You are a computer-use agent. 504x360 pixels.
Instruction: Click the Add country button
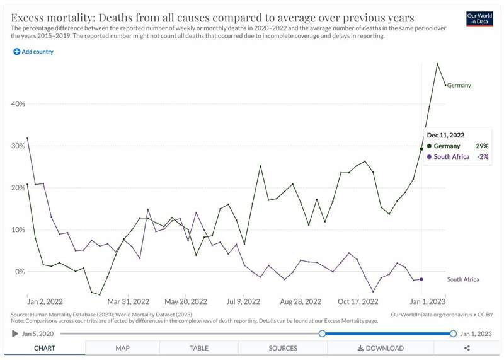click(x=33, y=52)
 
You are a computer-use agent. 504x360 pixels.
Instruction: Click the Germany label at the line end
click(x=459, y=85)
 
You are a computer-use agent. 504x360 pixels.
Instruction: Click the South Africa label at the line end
click(x=464, y=279)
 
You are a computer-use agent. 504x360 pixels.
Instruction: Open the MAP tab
click(x=122, y=348)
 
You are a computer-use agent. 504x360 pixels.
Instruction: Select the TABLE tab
click(x=199, y=348)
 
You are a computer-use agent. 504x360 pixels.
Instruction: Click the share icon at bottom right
click(x=467, y=348)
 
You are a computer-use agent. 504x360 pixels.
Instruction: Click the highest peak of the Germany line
click(x=437, y=64)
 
